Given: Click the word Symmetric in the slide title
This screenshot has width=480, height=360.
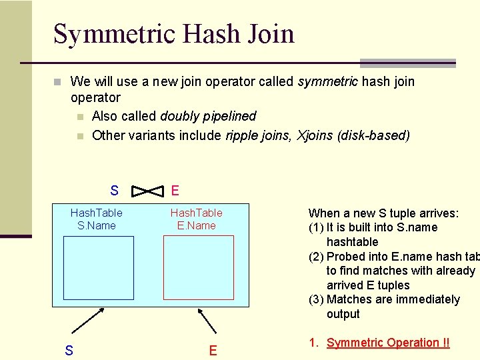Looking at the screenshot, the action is (113, 33).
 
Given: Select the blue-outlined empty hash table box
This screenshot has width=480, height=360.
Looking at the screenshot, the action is (99, 268).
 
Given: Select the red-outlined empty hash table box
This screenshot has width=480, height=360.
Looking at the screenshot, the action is (199, 268).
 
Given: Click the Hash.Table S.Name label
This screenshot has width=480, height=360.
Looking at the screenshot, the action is (97, 219).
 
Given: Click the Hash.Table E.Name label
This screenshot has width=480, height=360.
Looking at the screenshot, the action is (197, 219).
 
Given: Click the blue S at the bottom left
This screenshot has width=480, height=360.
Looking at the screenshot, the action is (69, 350).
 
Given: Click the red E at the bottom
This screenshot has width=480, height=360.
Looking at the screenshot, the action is (213, 350).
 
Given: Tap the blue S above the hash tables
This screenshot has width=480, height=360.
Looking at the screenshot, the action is (115, 191).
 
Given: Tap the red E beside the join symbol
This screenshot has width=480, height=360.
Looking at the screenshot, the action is (175, 191).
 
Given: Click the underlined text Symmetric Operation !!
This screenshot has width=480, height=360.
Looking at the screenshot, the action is (388, 343).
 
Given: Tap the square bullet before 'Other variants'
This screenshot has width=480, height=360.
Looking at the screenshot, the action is (80, 136).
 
